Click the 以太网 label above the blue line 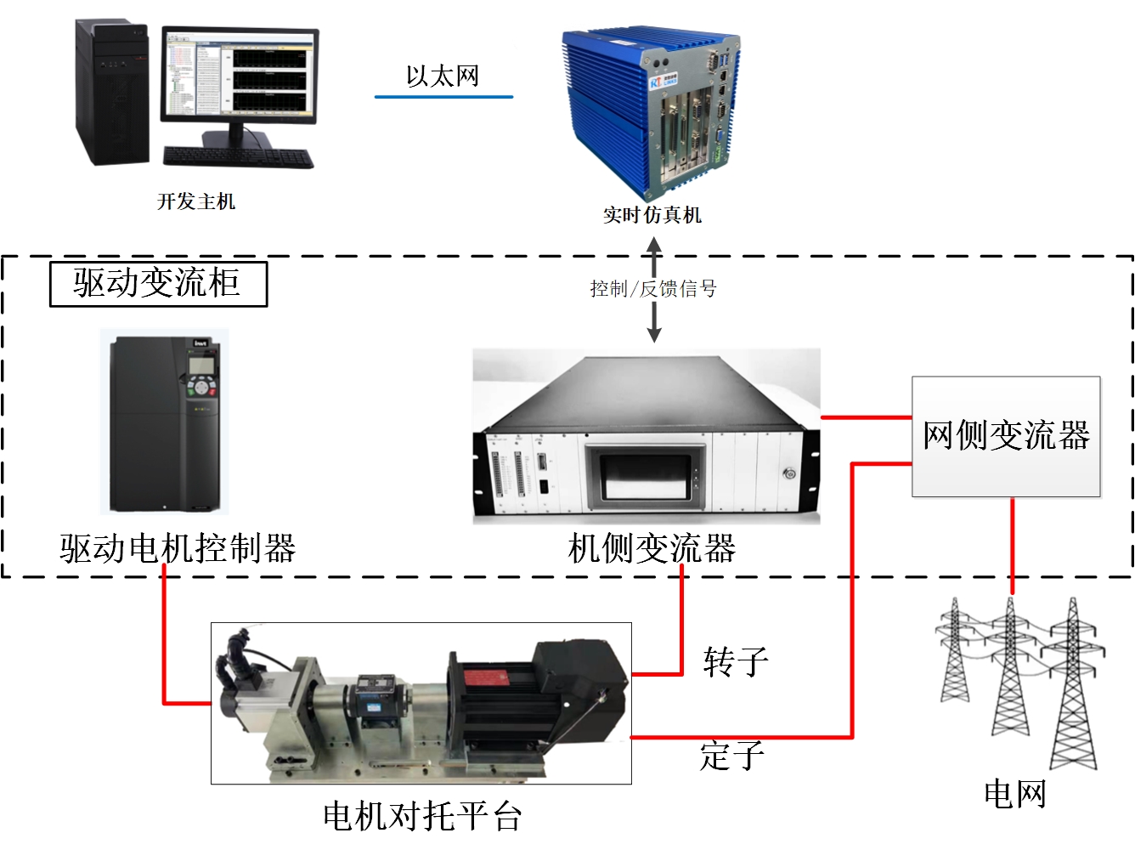[442, 76]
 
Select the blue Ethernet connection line [443, 97]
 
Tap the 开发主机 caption [196, 201]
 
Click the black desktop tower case [111, 93]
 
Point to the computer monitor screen [240, 75]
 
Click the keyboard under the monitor [237, 157]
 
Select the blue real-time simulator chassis [649, 110]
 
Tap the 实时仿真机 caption [652, 215]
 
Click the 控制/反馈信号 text [653, 289]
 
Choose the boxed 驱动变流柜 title [158, 283]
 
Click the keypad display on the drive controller [201, 365]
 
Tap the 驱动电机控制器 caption [178, 548]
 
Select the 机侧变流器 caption [652, 548]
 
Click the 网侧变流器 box [1006, 436]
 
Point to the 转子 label [736, 661]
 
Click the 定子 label [732, 755]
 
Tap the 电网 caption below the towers [1014, 794]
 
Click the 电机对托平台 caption [422, 817]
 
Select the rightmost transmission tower [1074, 688]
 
